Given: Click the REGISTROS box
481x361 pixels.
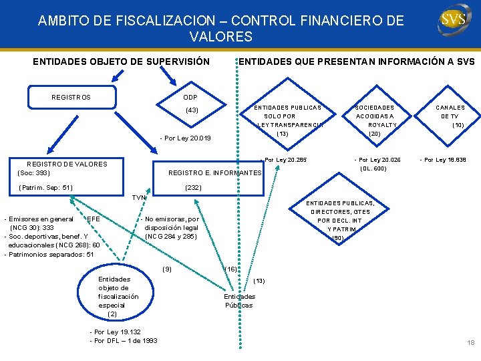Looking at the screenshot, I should click(x=71, y=98).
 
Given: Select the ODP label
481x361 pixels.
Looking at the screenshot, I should click(x=191, y=98).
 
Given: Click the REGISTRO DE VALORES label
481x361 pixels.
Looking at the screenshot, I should click(x=66, y=164).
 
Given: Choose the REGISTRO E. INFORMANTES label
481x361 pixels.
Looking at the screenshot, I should click(x=214, y=173).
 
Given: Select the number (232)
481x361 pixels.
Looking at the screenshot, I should click(x=193, y=188).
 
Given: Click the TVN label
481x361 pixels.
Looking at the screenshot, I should click(x=139, y=198).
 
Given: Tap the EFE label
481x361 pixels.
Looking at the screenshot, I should click(x=94, y=219).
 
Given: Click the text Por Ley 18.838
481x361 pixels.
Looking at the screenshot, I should click(x=443, y=160).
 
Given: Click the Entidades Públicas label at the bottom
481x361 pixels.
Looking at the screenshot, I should click(x=238, y=301).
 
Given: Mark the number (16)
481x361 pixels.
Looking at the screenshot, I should click(x=231, y=268).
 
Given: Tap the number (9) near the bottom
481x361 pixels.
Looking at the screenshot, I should click(x=167, y=269).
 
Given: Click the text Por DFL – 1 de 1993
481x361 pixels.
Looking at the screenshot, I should click(x=124, y=341).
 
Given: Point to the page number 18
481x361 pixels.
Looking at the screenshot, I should click(x=470, y=343).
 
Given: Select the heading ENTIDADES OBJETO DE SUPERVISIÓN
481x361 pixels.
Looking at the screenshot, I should click(x=122, y=62).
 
